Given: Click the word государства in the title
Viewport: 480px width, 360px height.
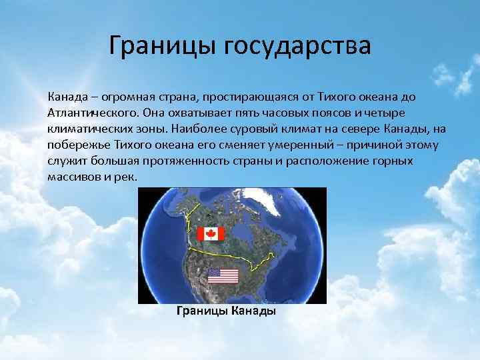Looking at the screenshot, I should click(x=297, y=47).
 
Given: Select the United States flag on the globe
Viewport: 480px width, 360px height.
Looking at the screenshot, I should click(x=222, y=275).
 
